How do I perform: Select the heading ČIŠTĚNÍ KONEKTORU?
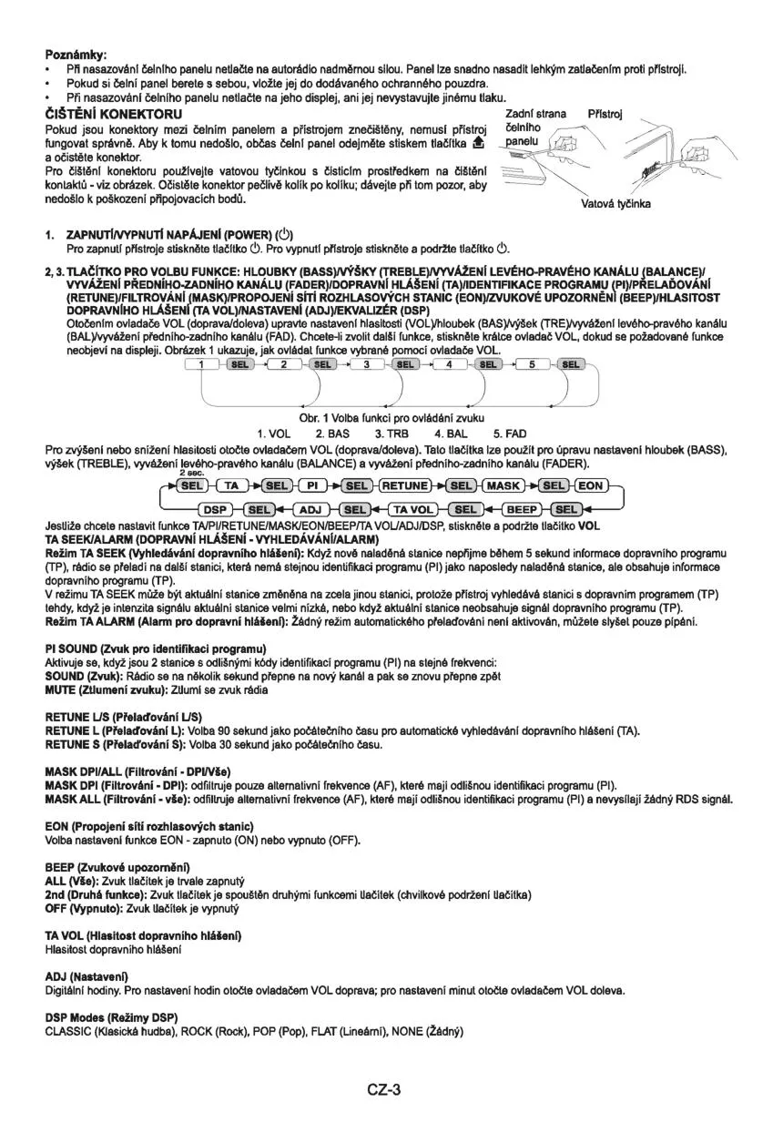tap(114, 114)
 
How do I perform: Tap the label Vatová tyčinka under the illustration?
tap(615, 204)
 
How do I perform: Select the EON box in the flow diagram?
tap(592, 485)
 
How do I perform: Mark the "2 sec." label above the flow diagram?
tap(189, 474)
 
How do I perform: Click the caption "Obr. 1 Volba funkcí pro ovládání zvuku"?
tap(388, 417)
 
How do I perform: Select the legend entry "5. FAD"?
tap(510, 433)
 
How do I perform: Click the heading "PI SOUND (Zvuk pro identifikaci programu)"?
tap(142, 648)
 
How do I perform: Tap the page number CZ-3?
tap(385, 1089)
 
